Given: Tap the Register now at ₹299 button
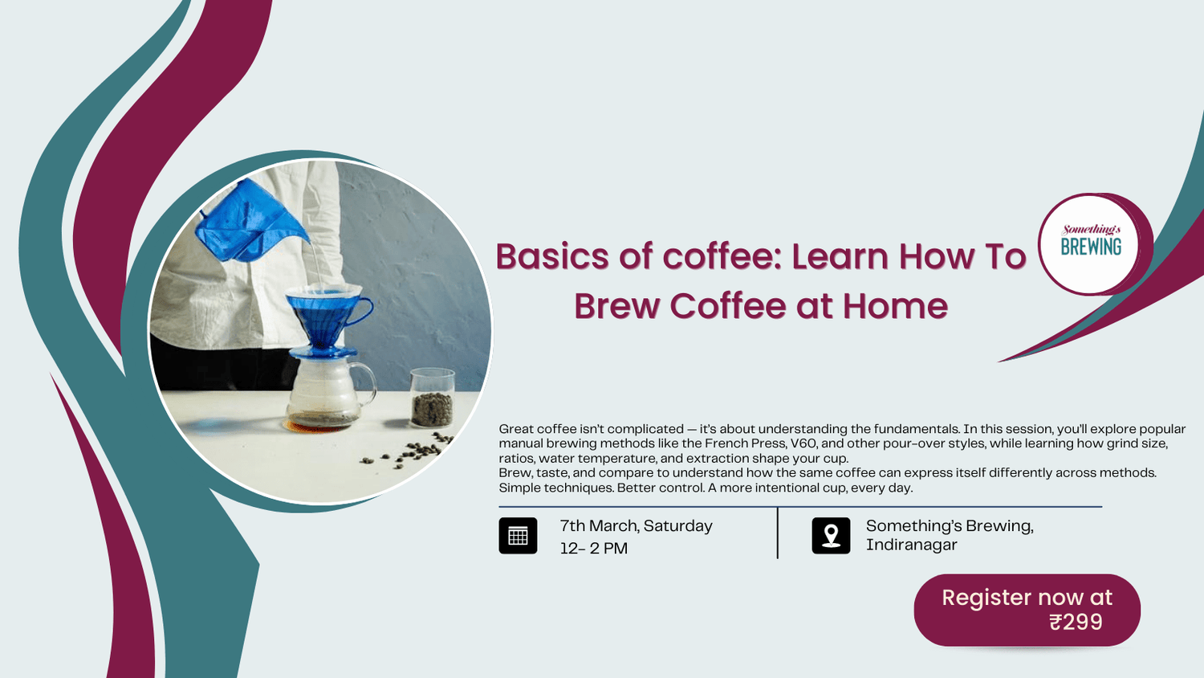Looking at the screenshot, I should pos(1027,610).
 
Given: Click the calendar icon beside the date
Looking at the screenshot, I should pos(518,536).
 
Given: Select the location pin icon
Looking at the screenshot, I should pos(831,536).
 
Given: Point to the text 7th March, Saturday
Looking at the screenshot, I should pos(636,526).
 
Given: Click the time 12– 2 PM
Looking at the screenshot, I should pos(594,549).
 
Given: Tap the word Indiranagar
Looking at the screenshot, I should pos(911,545).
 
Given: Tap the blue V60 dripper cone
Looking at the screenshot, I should pos(322,317).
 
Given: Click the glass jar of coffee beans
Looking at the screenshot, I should pos(432,398).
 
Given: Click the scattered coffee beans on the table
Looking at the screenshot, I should pos(409,454).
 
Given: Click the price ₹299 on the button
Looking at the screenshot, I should pos(1076,623).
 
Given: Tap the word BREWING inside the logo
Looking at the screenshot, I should pos(1091,247).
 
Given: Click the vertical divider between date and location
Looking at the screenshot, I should pos(778,533).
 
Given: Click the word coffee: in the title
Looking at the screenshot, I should pos(721,257).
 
